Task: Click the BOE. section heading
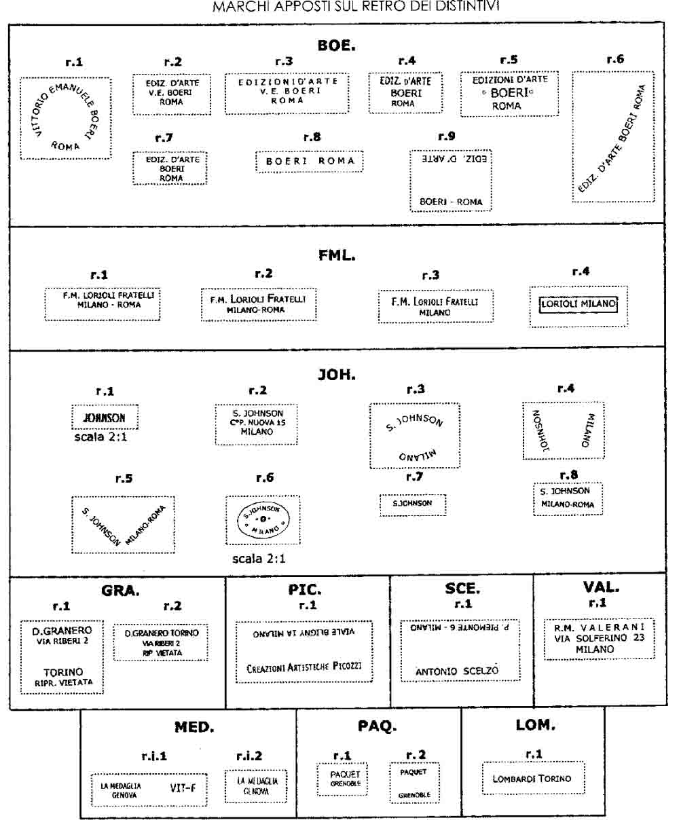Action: pos(337,45)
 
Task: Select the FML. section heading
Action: pos(337,256)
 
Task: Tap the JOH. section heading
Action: pos(337,374)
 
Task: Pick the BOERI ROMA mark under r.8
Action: pos(310,162)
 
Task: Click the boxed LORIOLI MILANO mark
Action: pos(579,305)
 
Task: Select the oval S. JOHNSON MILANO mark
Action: pos(262,519)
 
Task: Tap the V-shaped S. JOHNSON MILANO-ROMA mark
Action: pos(123,523)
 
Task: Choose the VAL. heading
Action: pos(601,587)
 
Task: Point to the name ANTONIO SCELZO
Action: pos(457,671)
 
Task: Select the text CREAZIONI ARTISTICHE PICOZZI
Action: pos(304,667)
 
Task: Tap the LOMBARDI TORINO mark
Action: pos(532,779)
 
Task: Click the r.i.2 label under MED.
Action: pos(249,756)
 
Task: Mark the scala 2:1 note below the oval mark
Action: pos(259,559)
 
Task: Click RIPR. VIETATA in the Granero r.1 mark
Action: pos(64,682)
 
